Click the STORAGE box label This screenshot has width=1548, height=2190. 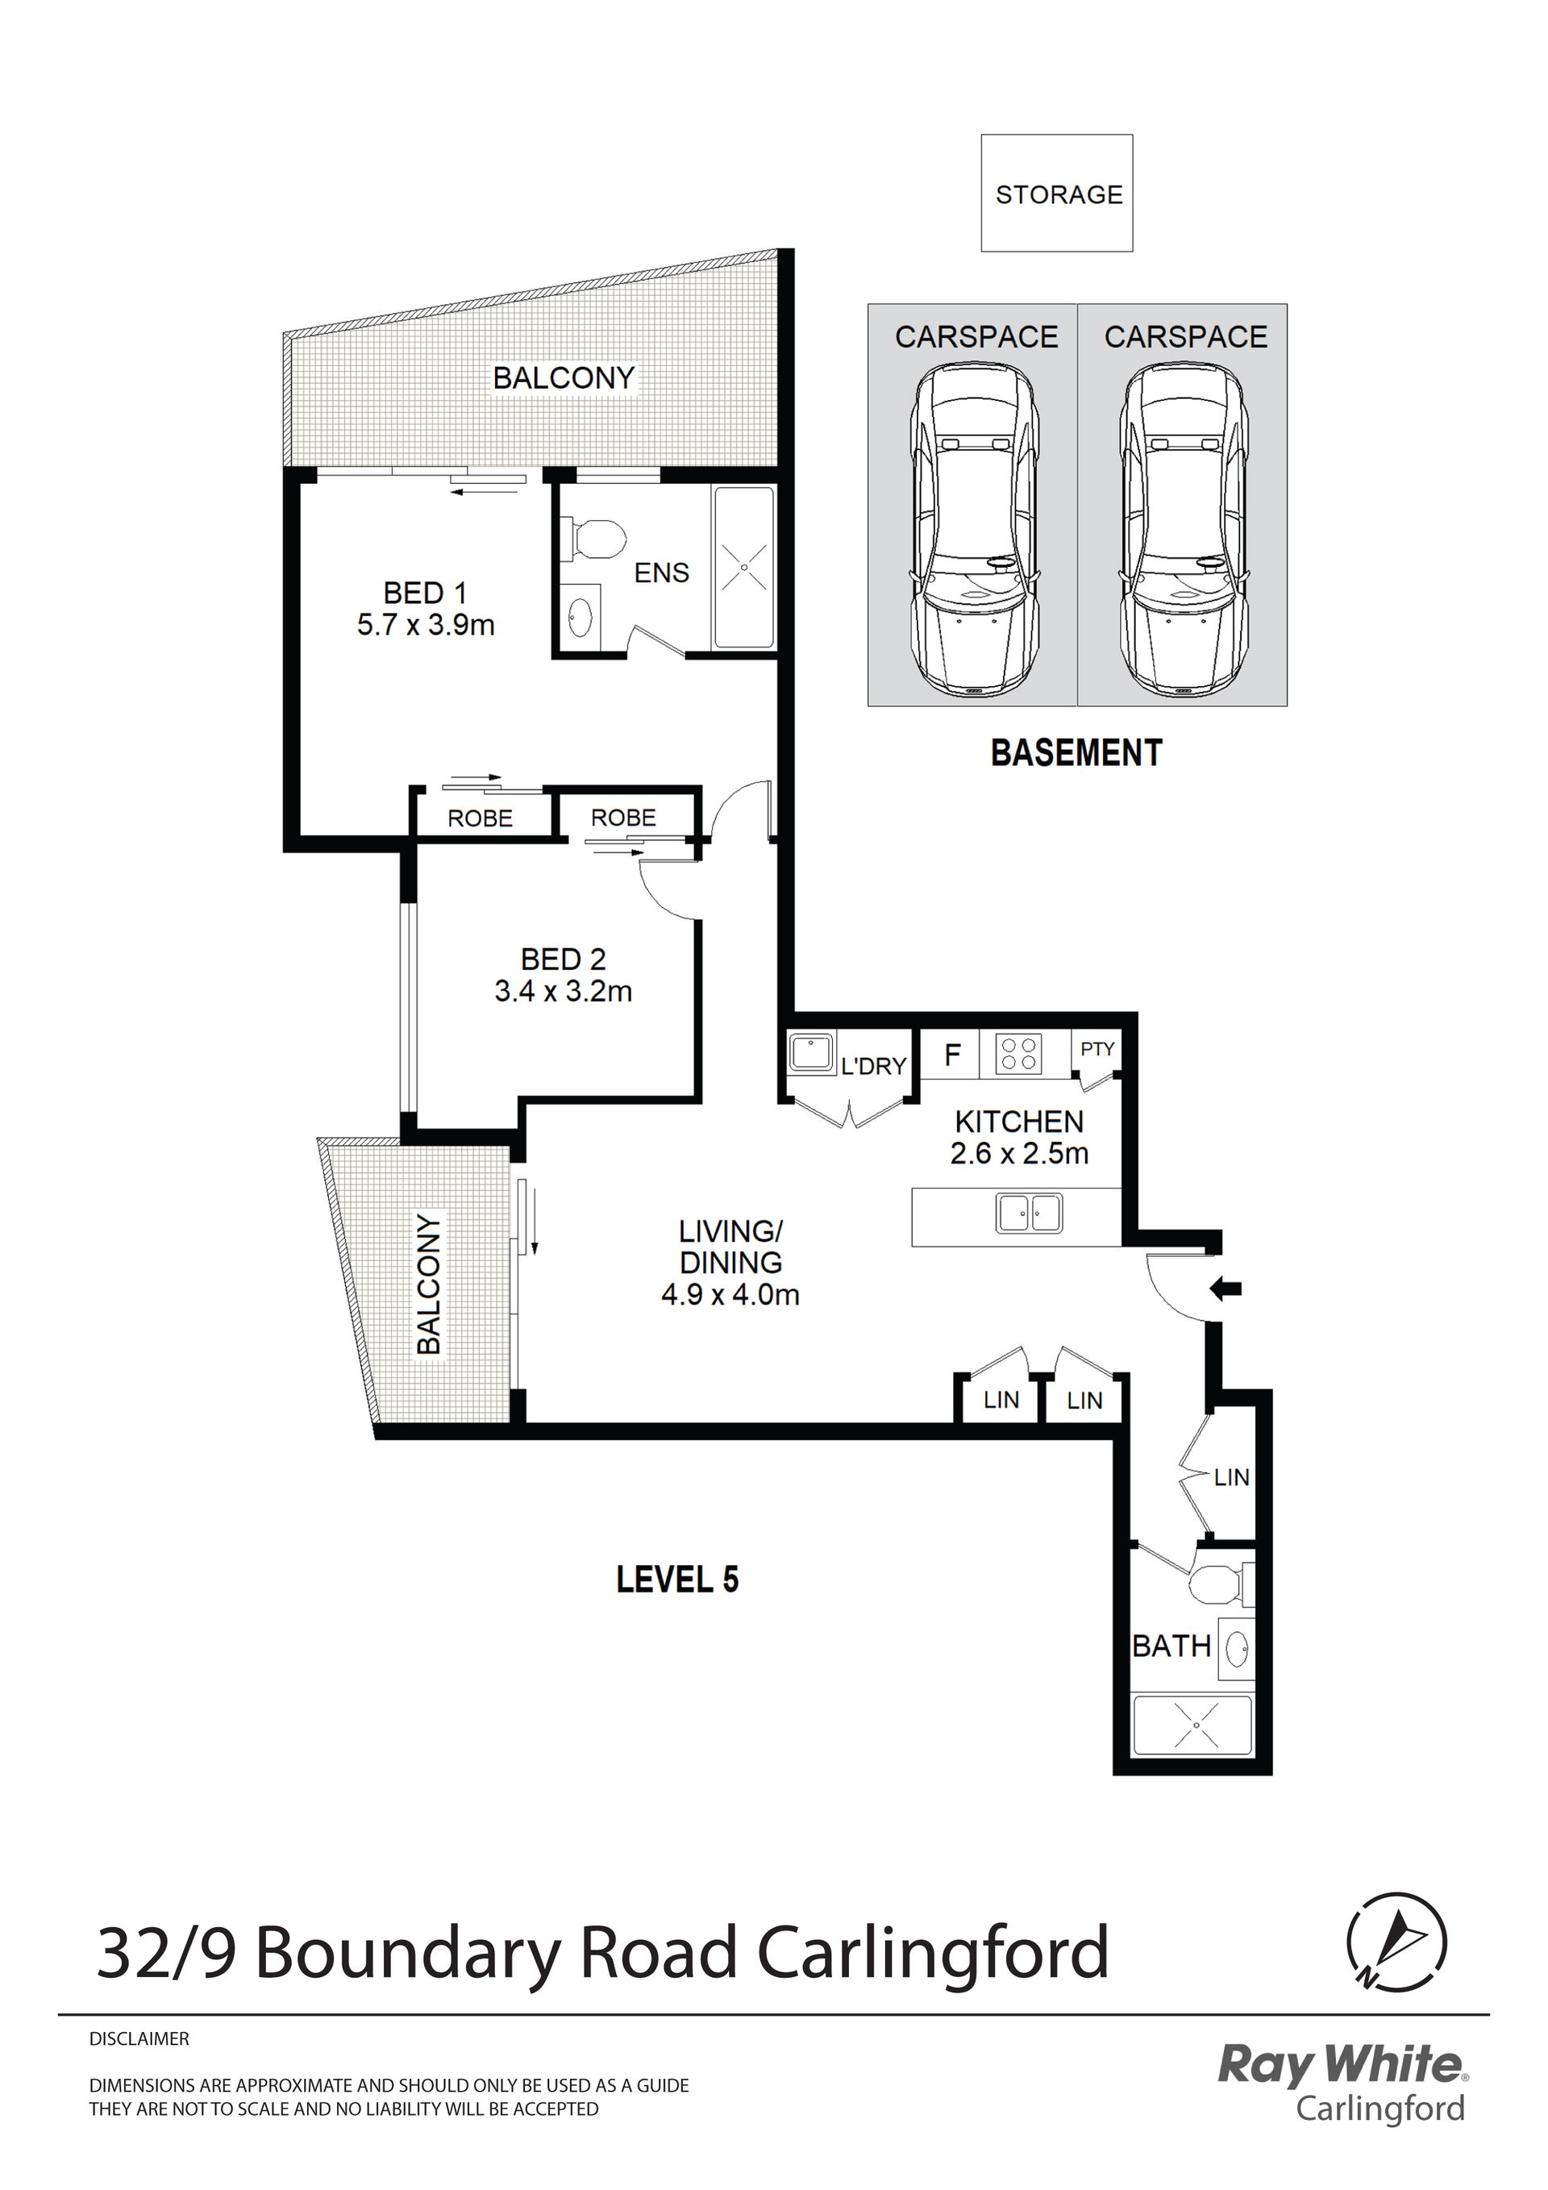[1059, 194]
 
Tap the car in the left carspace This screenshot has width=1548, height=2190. [973, 532]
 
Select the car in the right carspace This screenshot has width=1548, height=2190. [1184, 532]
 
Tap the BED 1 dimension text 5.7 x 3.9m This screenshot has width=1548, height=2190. [426, 626]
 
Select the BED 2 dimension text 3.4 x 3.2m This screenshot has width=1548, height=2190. [563, 992]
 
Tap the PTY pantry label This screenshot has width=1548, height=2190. [1098, 1049]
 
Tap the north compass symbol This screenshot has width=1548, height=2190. [1396, 1941]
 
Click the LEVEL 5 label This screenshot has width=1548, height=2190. [677, 1580]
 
